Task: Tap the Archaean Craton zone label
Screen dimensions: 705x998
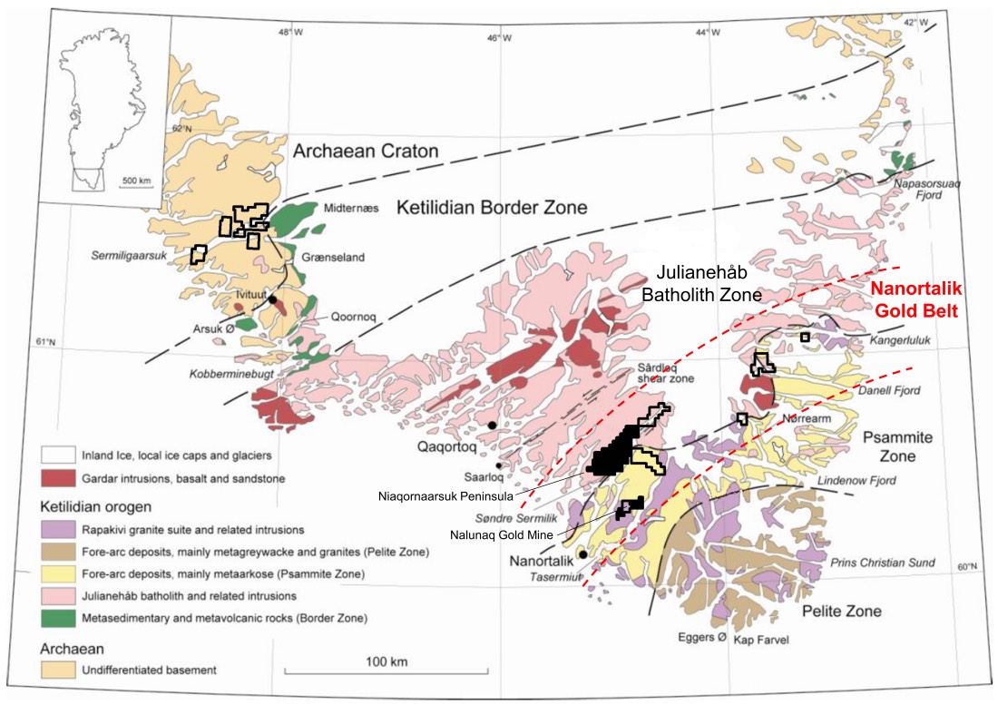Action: (x=366, y=152)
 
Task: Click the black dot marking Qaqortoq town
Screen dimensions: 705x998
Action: (x=492, y=425)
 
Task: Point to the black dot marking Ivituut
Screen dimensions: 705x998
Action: (x=272, y=299)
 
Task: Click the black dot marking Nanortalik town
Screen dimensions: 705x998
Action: (x=582, y=554)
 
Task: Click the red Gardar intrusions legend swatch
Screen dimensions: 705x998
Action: (x=59, y=477)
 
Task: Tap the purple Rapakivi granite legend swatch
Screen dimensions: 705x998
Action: (x=59, y=528)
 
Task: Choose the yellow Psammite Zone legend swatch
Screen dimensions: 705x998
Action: (x=59, y=573)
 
